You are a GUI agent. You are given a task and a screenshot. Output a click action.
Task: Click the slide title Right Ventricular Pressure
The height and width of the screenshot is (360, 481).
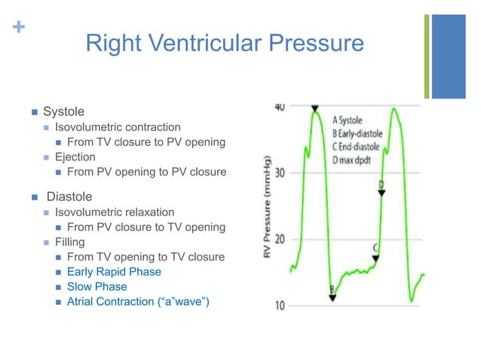tap(224, 43)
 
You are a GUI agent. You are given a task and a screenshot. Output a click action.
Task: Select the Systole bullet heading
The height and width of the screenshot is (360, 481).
tap(63, 111)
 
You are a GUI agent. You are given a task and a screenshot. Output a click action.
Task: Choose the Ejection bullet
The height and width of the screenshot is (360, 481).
tap(75, 157)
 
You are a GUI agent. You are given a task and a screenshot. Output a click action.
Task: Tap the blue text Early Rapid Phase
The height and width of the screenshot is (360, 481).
tap(114, 272)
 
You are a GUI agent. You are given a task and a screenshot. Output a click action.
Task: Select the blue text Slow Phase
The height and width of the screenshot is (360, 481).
tap(97, 287)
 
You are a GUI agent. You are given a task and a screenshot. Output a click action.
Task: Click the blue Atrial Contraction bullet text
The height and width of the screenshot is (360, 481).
tap(138, 302)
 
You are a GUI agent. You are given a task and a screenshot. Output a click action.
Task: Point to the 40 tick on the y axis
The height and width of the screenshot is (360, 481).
tap(278, 107)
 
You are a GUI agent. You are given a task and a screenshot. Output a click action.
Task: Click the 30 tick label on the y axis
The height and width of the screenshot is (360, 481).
tap(278, 173)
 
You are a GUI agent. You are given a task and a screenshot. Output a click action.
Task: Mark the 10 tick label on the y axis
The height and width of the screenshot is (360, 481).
tap(278, 306)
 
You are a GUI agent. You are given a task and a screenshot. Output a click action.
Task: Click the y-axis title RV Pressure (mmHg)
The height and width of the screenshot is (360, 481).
tap(268, 207)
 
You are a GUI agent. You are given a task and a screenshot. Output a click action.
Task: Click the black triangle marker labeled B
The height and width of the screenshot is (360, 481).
tap(332, 297)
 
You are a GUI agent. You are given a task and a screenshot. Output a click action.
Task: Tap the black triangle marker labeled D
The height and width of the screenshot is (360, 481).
tap(381, 193)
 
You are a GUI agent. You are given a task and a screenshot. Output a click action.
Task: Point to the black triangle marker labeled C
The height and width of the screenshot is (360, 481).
tap(375, 258)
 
